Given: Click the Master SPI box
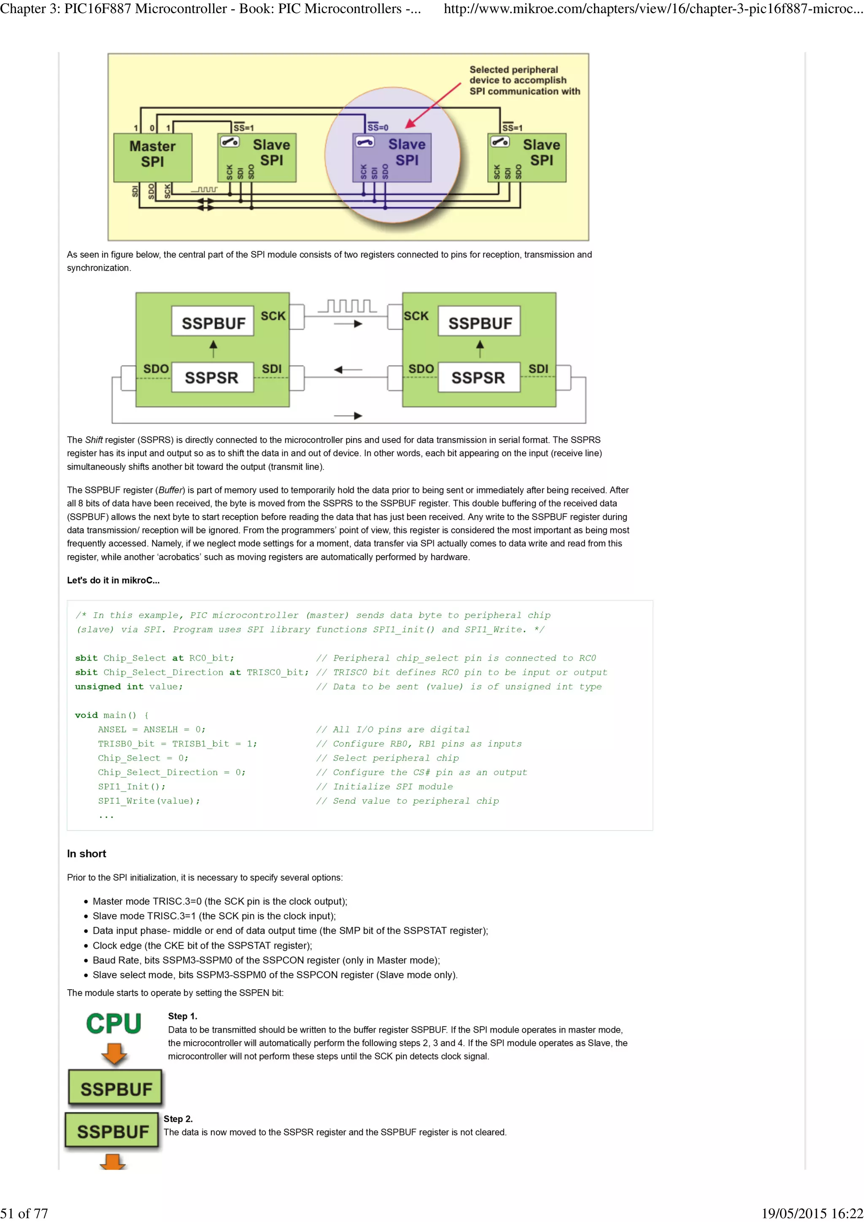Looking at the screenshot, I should coord(153,158).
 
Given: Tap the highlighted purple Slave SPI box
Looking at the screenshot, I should coord(392,158).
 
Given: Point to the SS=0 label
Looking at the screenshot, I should coord(378,128).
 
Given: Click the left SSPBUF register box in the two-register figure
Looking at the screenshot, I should coord(213,321).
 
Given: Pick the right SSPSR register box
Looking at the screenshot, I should coord(478,377).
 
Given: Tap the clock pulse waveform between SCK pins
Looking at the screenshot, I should coord(347,307).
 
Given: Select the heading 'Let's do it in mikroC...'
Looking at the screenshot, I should coord(113,580).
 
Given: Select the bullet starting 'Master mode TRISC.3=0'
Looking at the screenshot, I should coord(220,901).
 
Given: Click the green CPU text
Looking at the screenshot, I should coord(114,1024).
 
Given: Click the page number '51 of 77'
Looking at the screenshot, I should coord(24,1214).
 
